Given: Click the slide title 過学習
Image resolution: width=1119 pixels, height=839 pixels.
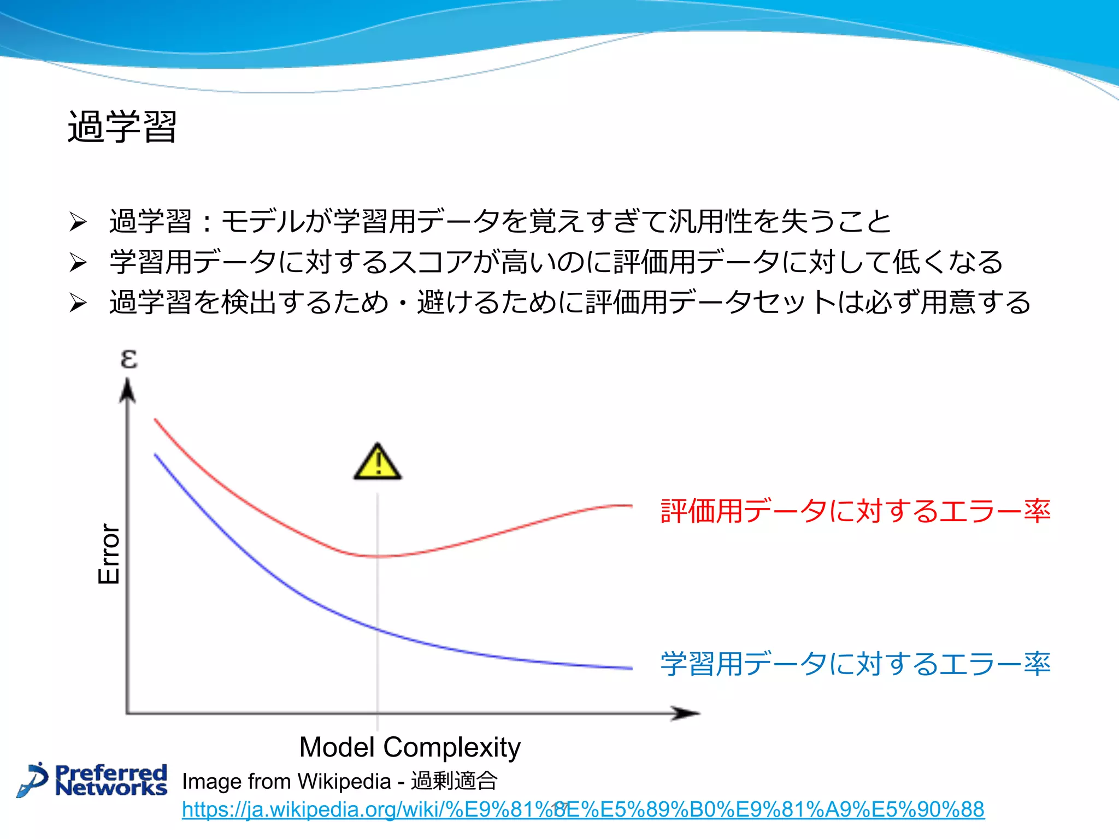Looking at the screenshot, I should coord(122,127).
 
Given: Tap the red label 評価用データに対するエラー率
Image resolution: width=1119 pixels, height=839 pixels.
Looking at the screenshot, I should coord(855,511).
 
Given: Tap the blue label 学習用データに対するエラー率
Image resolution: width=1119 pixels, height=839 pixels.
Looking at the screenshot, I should coord(855,664).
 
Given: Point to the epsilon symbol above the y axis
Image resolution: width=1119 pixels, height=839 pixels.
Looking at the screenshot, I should coord(129,359).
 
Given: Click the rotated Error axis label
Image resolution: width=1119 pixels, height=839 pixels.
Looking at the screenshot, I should coord(109,554).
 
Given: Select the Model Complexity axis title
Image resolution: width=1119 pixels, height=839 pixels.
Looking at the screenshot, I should coord(410,747).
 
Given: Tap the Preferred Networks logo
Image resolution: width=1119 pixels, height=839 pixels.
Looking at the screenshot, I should coord(93,780).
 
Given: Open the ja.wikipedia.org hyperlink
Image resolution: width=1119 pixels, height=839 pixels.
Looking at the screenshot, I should coord(583,810).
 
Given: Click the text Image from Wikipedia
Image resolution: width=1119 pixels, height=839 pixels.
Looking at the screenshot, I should coord(286,781).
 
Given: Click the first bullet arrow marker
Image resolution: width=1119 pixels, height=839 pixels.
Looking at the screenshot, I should coord(78,222).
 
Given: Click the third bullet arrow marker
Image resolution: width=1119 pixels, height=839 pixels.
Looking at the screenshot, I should coord(78,303).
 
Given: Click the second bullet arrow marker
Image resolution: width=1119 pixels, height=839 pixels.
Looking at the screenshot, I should coord(78,263).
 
